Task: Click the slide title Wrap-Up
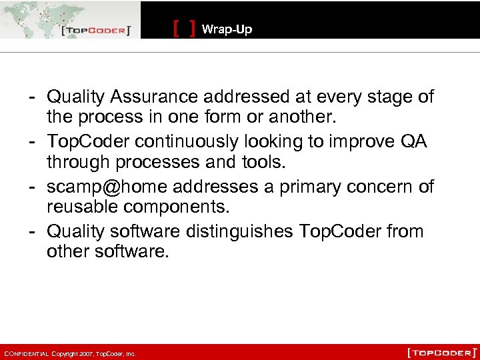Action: pyautogui.click(x=227, y=29)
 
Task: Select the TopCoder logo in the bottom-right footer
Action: pyautogui.click(x=442, y=351)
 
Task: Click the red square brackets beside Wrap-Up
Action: pyautogui.click(x=184, y=29)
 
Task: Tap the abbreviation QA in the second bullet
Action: pyautogui.click(x=414, y=142)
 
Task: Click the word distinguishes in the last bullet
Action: pyautogui.click(x=237, y=231)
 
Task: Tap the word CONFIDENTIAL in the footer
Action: pyautogui.click(x=25, y=353)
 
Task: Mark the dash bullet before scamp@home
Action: pyautogui.click(x=31, y=187)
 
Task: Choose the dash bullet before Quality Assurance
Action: pyautogui.click(x=31, y=97)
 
